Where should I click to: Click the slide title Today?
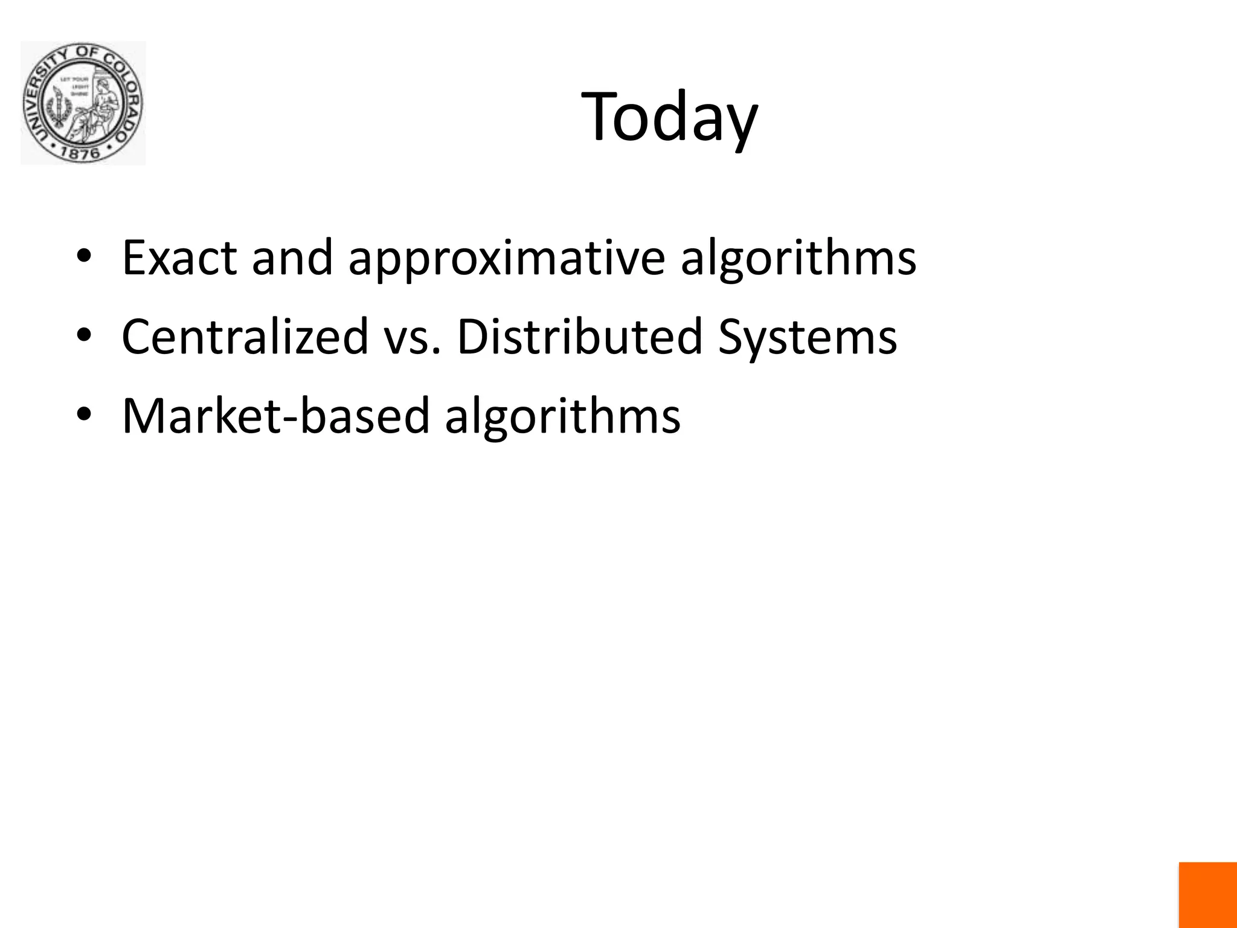[669, 117]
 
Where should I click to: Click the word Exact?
[179, 258]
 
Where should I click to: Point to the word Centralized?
[245, 337]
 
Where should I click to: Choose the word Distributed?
[579, 337]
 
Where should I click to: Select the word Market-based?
[275, 416]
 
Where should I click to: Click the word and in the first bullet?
[292, 258]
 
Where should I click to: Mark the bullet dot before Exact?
[84, 256]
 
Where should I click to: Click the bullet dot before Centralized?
[84, 335]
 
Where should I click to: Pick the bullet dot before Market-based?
[84, 415]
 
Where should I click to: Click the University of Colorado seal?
[83, 103]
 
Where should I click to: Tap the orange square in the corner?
[1207, 895]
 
